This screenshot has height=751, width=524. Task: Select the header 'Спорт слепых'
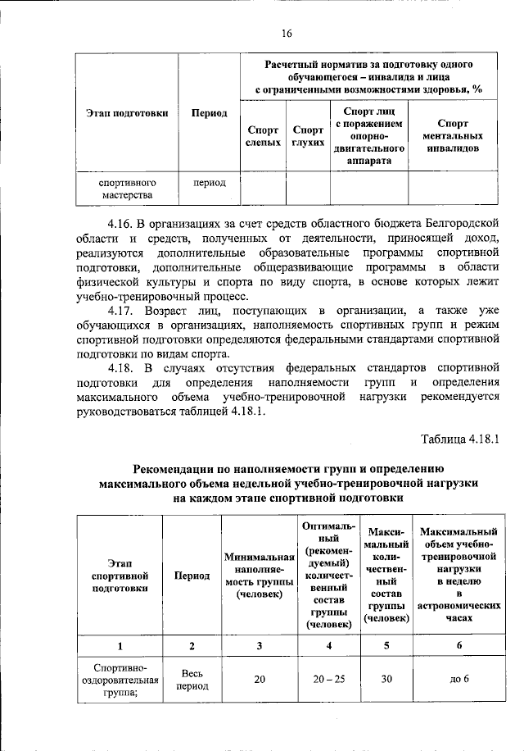[x=262, y=135]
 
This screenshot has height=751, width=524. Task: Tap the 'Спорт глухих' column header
[x=308, y=135]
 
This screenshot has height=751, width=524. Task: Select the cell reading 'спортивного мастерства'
[x=127, y=189]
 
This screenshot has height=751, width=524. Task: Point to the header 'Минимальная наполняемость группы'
[x=259, y=575]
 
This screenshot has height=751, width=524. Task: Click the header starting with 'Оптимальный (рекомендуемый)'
[x=328, y=574]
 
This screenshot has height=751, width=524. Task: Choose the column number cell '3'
[x=259, y=645]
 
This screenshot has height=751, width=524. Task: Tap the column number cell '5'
[x=387, y=645]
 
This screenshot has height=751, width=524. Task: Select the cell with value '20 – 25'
[x=328, y=679]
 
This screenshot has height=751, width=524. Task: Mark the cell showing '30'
[x=387, y=679]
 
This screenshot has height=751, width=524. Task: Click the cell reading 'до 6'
[x=459, y=679]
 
